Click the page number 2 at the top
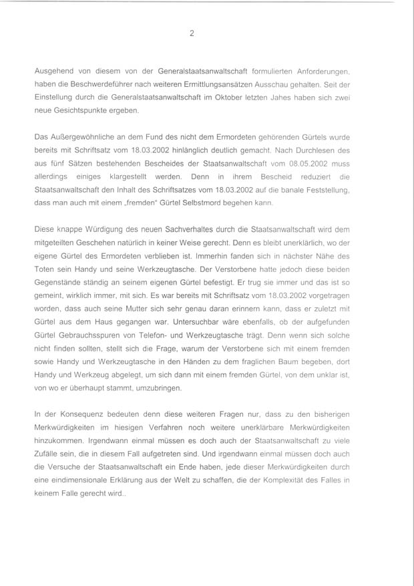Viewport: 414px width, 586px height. [x=192, y=34]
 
